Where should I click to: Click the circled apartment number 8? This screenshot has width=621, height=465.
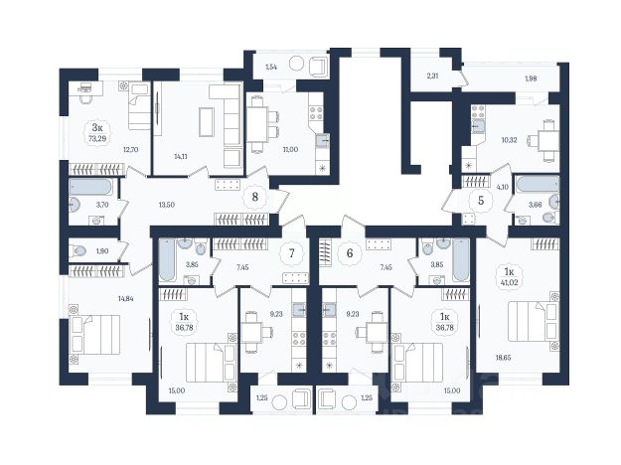255,197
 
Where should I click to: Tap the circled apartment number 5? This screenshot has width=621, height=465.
481,200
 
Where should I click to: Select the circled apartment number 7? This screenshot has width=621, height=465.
292,253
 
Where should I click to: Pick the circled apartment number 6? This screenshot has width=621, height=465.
350,253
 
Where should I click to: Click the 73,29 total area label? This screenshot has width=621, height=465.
97,138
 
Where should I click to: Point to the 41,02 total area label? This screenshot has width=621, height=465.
510,283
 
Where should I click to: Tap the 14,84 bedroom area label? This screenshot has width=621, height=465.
125,298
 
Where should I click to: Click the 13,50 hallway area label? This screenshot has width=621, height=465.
166,205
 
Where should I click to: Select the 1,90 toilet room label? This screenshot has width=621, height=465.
102,251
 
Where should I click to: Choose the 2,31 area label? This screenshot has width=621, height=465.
432,76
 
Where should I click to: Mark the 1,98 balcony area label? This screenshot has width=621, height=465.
531,78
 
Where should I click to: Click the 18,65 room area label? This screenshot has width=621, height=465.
503,357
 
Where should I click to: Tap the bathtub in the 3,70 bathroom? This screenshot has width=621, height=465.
90,187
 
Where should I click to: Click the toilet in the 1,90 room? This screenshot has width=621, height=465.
78,250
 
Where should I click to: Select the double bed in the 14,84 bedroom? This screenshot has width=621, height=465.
94,334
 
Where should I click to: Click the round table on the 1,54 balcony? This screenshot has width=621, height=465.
296,64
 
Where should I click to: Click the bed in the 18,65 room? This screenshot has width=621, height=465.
534,321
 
